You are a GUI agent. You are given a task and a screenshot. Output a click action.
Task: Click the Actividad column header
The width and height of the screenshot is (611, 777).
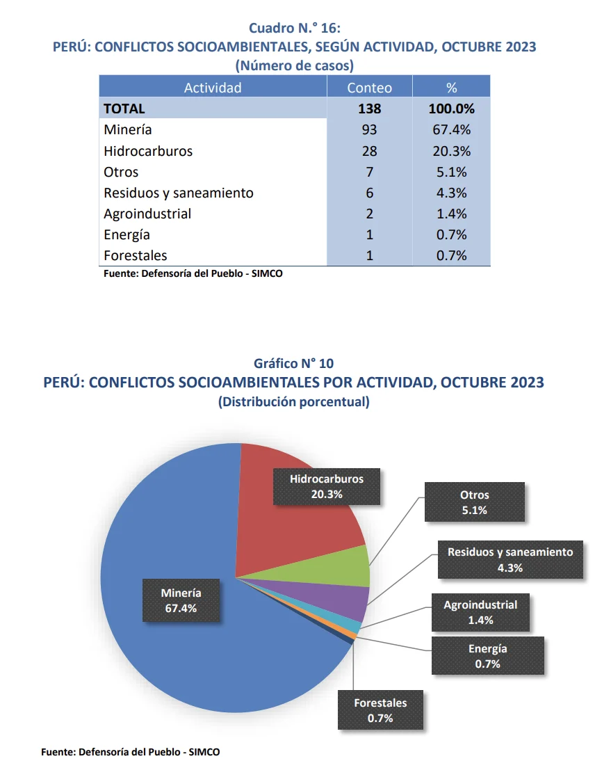[x=213, y=88]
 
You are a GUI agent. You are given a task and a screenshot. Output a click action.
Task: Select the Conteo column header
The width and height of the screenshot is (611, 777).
[x=369, y=88]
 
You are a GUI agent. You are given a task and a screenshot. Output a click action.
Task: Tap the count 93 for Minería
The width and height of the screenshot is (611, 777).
[x=369, y=130]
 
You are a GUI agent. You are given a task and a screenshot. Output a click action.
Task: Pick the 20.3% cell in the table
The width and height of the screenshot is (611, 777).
[x=451, y=151]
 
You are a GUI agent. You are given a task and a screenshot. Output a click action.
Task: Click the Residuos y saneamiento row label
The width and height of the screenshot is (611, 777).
[x=179, y=193]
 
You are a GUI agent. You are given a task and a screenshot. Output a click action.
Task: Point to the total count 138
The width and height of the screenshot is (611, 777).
[x=369, y=109]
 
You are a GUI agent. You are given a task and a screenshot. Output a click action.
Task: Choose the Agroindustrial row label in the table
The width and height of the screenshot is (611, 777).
[x=147, y=214]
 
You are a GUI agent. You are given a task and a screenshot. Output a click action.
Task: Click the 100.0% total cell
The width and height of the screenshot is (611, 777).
[x=451, y=109]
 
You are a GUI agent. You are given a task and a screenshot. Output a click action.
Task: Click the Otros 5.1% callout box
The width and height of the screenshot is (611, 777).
[x=474, y=502]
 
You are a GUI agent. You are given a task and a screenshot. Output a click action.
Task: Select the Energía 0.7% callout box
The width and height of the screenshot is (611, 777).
[x=487, y=655]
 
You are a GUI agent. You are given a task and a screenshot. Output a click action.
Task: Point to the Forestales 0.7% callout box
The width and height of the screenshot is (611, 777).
[x=380, y=710]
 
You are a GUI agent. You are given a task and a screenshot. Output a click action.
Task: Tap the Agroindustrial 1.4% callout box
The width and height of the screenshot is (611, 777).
[x=480, y=612]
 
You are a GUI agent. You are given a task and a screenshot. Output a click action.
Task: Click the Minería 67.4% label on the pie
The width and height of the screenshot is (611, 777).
[x=181, y=600]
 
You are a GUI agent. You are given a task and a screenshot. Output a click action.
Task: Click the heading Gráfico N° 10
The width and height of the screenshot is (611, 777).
[x=293, y=364]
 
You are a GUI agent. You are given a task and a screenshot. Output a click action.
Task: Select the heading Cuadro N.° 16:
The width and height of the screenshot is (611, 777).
[x=294, y=28]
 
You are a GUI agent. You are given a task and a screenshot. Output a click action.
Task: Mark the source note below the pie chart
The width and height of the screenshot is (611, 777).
[x=131, y=752]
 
